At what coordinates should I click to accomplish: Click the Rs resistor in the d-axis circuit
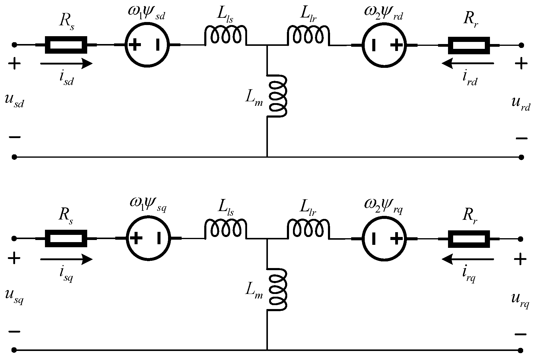[66, 45]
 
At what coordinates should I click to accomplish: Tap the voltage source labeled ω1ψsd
[147, 45]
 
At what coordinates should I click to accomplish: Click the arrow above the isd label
[66, 63]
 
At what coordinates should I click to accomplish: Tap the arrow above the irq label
[467, 259]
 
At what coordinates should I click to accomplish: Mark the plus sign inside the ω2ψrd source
[396, 45]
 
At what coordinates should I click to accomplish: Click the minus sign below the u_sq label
[14, 332]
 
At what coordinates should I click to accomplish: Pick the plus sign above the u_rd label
[521, 64]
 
